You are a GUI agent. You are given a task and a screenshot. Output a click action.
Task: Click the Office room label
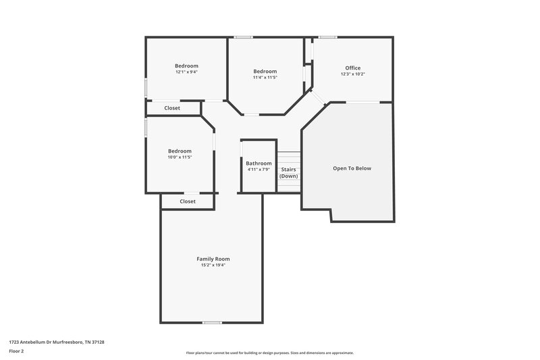point(352,68)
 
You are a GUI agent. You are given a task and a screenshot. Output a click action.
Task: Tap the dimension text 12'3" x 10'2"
point(352,74)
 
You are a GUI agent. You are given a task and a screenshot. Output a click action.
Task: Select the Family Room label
point(213,259)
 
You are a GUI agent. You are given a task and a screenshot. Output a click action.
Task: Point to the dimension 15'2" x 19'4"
point(213,265)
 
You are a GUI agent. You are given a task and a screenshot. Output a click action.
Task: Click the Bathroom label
point(259,163)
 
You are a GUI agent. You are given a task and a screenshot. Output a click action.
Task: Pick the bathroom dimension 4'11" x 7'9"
point(259,170)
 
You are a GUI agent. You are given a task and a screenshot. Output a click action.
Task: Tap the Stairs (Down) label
point(289,173)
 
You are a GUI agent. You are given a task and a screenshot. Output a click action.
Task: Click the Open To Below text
point(352,168)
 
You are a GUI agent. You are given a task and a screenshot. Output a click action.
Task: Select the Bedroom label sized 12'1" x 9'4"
point(186,66)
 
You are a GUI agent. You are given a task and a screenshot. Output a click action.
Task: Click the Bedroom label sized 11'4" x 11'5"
point(265,72)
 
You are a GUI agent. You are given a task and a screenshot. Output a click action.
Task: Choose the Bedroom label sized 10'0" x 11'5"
point(180,151)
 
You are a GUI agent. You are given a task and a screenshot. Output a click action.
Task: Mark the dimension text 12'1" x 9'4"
point(186,72)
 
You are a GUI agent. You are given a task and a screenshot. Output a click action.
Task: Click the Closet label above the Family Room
point(188,201)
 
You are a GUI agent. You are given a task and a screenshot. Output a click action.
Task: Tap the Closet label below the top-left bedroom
point(172,108)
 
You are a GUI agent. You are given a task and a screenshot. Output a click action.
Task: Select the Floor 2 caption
point(16,351)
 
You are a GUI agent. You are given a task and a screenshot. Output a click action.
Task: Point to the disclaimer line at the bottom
point(269,353)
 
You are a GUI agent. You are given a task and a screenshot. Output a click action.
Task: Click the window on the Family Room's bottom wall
point(212,322)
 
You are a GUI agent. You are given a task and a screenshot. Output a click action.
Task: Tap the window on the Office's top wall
point(328,37)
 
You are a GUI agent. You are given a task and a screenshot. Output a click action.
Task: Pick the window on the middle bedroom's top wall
point(243,37)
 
